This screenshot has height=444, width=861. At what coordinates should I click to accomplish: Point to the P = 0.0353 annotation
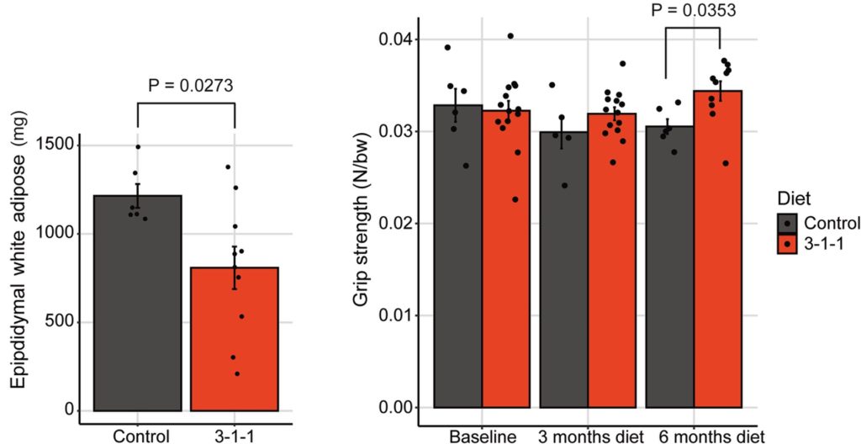coord(693,11)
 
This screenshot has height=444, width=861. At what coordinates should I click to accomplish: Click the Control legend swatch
coord(787,224)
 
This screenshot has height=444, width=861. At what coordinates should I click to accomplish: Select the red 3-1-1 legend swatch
coord(787,246)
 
